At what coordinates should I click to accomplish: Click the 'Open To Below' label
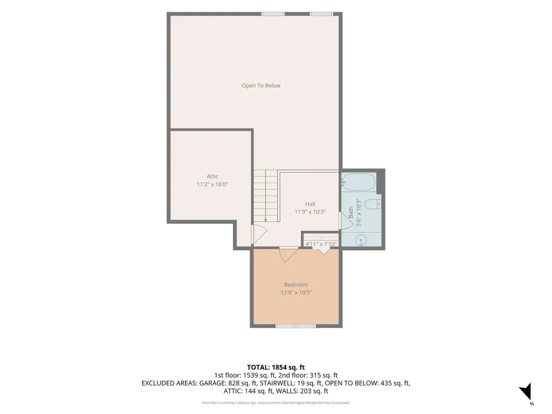point(261,86)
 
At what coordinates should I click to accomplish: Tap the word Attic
point(212,176)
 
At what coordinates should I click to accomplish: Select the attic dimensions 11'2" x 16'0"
point(212,184)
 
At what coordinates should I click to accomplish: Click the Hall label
point(310,204)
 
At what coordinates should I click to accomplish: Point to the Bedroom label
point(296,285)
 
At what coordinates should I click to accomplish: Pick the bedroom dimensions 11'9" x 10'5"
point(296,293)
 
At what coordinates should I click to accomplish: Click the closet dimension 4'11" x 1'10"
point(321,244)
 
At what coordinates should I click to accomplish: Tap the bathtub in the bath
point(358,182)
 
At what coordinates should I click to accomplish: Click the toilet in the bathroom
point(372,204)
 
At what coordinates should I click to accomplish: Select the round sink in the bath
point(361,240)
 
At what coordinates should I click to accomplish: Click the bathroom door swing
point(346,220)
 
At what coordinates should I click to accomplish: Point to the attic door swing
point(259,234)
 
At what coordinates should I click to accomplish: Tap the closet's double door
point(324,251)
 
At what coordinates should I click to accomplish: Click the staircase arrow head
point(265,220)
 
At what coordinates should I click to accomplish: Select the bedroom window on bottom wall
point(296,326)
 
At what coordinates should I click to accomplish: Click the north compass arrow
point(526,391)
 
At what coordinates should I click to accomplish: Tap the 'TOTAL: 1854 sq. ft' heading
point(275,368)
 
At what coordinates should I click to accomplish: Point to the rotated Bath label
point(351,212)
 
